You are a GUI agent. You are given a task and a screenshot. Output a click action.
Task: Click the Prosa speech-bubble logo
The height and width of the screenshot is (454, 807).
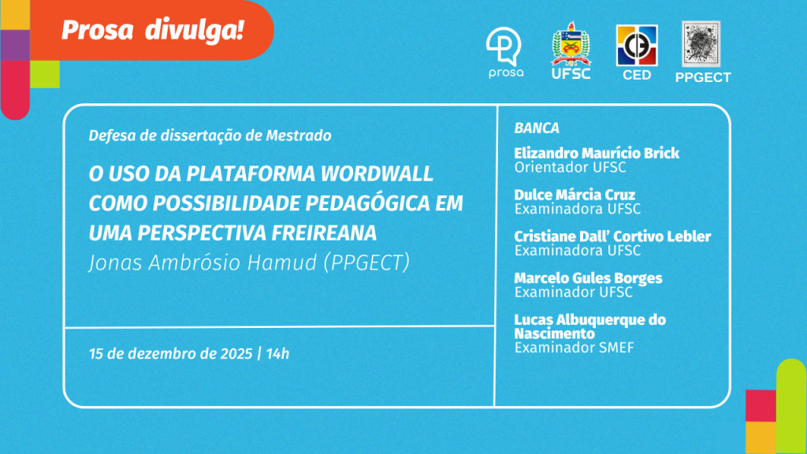click(504, 47)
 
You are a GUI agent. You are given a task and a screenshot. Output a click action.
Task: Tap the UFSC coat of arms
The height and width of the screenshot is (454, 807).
click(571, 44)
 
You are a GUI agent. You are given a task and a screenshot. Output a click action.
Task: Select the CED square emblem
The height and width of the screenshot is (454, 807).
click(637, 45)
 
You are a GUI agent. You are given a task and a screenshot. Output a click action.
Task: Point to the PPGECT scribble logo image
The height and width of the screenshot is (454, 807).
click(701, 44)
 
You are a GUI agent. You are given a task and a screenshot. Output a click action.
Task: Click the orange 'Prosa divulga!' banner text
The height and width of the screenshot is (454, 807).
click(152, 31)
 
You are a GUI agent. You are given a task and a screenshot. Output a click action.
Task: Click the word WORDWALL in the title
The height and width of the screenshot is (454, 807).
click(377, 173)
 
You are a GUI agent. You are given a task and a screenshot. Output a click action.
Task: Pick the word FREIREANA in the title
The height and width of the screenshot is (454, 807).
click(324, 233)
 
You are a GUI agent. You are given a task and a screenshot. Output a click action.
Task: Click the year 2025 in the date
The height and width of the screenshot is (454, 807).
click(236, 354)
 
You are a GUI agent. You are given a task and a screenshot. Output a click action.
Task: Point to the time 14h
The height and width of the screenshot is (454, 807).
click(278, 354)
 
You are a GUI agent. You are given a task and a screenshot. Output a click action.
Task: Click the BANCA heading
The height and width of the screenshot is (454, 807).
click(537, 128)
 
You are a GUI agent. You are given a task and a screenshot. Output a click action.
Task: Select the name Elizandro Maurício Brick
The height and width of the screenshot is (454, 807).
click(597, 153)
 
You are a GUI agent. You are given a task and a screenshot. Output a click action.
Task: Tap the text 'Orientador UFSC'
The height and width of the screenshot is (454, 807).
click(571, 167)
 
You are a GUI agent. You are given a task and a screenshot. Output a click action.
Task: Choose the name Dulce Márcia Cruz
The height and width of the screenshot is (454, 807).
click(575, 195)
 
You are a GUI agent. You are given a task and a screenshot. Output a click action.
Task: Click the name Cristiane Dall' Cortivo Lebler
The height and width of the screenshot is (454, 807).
click(612, 236)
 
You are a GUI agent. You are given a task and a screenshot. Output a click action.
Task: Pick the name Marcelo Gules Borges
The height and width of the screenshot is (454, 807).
click(588, 278)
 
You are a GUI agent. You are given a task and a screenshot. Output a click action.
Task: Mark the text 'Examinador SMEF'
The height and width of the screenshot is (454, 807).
click(575, 348)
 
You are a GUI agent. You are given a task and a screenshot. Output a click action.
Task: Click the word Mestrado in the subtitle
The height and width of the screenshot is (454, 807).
click(299, 136)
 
